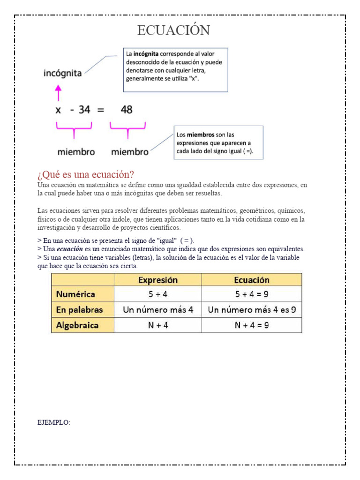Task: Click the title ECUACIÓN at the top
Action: coord(174,30)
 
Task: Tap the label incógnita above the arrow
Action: coord(62,73)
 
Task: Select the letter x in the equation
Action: coord(58,110)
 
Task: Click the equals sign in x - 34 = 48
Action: coord(100,110)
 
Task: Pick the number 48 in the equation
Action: coord(127,110)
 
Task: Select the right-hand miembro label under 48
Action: coord(130,152)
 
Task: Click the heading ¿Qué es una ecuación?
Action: coord(86,174)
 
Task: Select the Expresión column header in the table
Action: coord(158,280)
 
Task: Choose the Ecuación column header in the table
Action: coord(252,280)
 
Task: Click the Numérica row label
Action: coord(76,294)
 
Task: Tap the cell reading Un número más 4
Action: coord(158,310)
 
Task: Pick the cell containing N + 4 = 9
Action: coord(252,325)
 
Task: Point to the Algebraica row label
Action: coord(78,325)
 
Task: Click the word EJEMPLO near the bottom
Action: coord(53,423)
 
